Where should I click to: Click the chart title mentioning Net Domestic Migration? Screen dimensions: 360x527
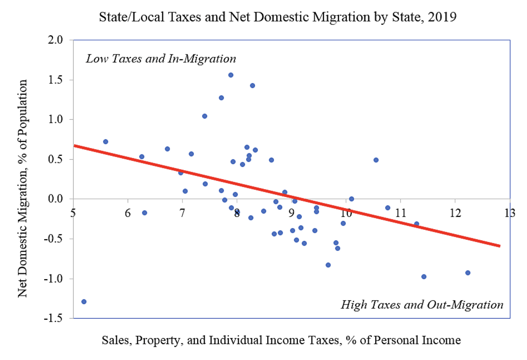click(x=278, y=17)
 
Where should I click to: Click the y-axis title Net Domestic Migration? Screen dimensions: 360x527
click(x=23, y=188)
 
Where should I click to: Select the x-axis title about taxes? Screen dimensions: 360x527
click(x=281, y=340)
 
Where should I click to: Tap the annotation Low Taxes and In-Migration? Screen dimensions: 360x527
click(x=161, y=59)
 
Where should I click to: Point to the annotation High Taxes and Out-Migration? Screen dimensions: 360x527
click(x=422, y=304)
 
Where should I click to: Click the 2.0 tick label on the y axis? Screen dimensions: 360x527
click(x=55, y=40)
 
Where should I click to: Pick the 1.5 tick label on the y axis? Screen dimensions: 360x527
click(x=55, y=80)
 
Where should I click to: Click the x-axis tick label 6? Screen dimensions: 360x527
click(x=128, y=213)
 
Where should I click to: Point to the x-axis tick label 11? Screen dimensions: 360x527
click(x=400, y=213)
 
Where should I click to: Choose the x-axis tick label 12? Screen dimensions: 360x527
click(x=455, y=213)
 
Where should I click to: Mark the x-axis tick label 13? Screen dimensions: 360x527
click(x=510, y=213)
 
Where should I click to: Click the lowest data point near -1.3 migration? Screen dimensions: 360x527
click(x=84, y=301)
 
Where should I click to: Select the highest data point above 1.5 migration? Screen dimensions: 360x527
click(x=231, y=75)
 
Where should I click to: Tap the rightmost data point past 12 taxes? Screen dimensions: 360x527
click(x=468, y=273)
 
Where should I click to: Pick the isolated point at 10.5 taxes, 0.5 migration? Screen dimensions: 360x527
click(x=376, y=160)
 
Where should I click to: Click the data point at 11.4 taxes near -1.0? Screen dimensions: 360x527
click(x=424, y=277)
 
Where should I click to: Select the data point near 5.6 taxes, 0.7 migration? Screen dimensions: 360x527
click(x=106, y=141)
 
